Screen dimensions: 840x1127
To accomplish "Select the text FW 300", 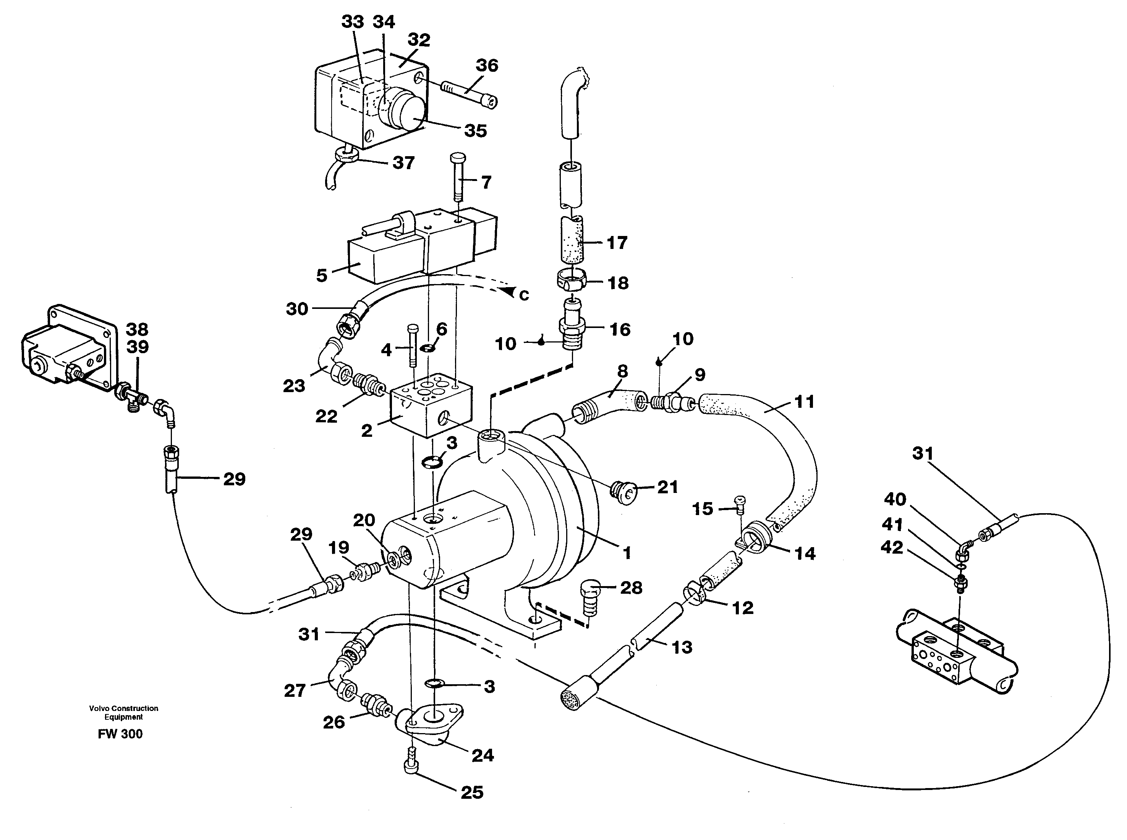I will [120, 734].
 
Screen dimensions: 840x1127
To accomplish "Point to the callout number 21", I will [667, 487].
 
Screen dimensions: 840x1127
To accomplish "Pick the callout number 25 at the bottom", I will [472, 792].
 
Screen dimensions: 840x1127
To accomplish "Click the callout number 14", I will [805, 553].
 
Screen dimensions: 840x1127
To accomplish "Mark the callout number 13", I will [682, 647].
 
